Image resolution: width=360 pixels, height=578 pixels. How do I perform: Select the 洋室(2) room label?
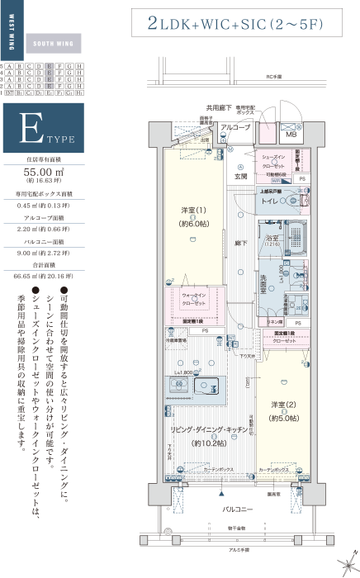[283, 405]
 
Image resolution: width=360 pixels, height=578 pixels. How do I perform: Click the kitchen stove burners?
[177, 385]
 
